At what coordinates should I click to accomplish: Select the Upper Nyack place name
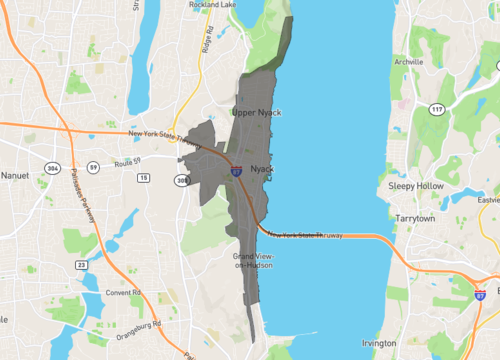pos(258,113)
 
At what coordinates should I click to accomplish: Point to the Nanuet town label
pos(17,175)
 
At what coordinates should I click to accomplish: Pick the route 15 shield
pos(144,177)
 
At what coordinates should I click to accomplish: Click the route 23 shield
pos(80,265)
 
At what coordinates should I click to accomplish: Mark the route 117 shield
pos(436,109)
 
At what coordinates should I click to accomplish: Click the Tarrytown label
pos(416,217)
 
